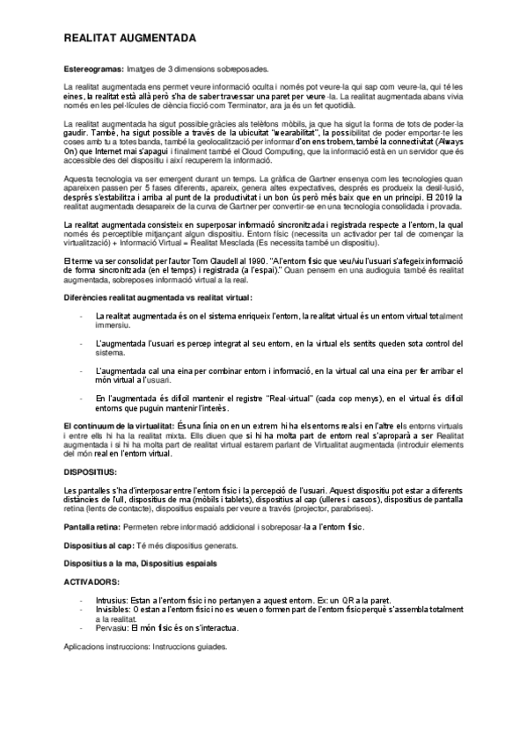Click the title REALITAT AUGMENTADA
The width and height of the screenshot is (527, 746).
[x=129, y=40]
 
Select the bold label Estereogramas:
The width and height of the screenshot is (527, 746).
[x=94, y=69]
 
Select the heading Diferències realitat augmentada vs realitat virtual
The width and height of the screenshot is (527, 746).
[x=145, y=298]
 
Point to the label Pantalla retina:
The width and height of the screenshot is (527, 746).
[x=94, y=527]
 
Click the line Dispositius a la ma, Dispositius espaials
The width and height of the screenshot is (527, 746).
[x=140, y=563]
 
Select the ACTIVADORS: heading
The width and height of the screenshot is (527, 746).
[x=92, y=582]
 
